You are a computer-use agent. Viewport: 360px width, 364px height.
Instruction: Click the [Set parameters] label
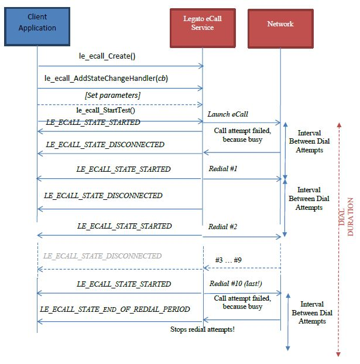(x=113, y=95)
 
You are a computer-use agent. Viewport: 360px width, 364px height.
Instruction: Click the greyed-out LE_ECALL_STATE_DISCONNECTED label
(x=102, y=256)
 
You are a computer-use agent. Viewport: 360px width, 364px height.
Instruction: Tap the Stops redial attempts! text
(x=203, y=329)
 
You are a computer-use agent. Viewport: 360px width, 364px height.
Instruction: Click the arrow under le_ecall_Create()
(x=120, y=66)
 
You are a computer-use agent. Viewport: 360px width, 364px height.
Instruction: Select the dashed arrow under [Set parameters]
(x=120, y=104)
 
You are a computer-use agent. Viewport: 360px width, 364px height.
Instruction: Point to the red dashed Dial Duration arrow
(x=338, y=234)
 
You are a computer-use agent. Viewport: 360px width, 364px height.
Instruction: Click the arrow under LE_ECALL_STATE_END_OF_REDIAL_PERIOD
(x=120, y=321)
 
